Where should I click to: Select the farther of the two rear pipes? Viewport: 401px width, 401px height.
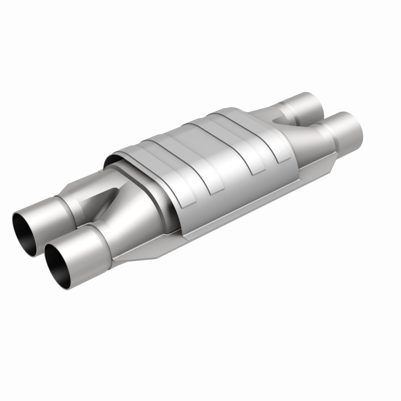tap(306, 103)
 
